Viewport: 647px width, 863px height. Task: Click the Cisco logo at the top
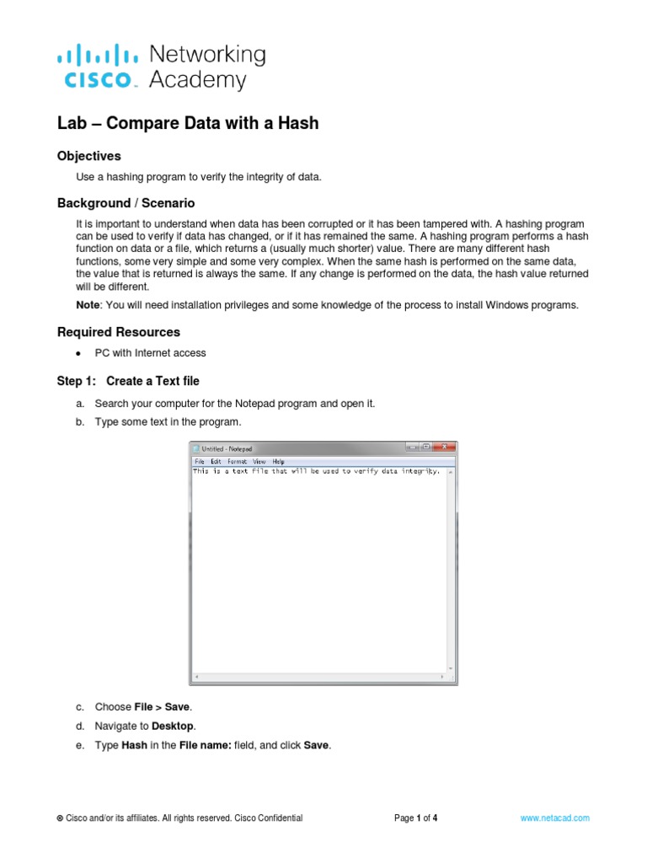click(98, 68)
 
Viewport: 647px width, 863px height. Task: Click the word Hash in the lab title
click(302, 123)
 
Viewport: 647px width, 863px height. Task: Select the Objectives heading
click(88, 156)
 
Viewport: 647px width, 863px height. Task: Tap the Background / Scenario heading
click(126, 203)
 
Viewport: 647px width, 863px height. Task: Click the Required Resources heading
click(118, 332)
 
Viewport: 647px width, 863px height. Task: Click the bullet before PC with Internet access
click(78, 353)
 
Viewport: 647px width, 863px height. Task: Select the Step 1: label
click(78, 381)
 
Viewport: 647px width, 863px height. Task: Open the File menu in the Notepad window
click(200, 462)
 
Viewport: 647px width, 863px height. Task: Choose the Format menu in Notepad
click(237, 462)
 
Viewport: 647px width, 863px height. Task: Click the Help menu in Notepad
click(278, 462)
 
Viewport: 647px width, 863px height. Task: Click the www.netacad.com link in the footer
click(555, 817)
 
